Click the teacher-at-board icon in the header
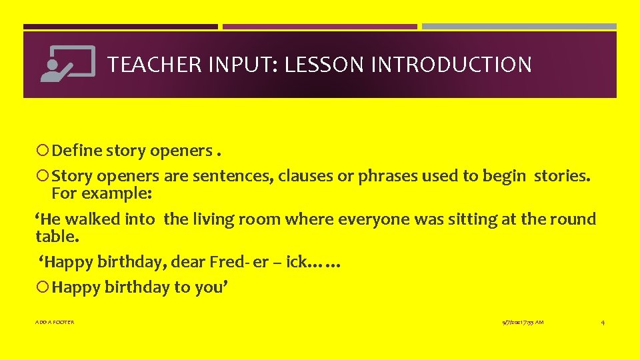point(67,64)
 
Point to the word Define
point(76,151)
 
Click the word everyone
point(370,219)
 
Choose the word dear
point(198,263)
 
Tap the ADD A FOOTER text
point(55,322)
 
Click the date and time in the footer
point(523,322)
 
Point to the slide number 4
point(603,322)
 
